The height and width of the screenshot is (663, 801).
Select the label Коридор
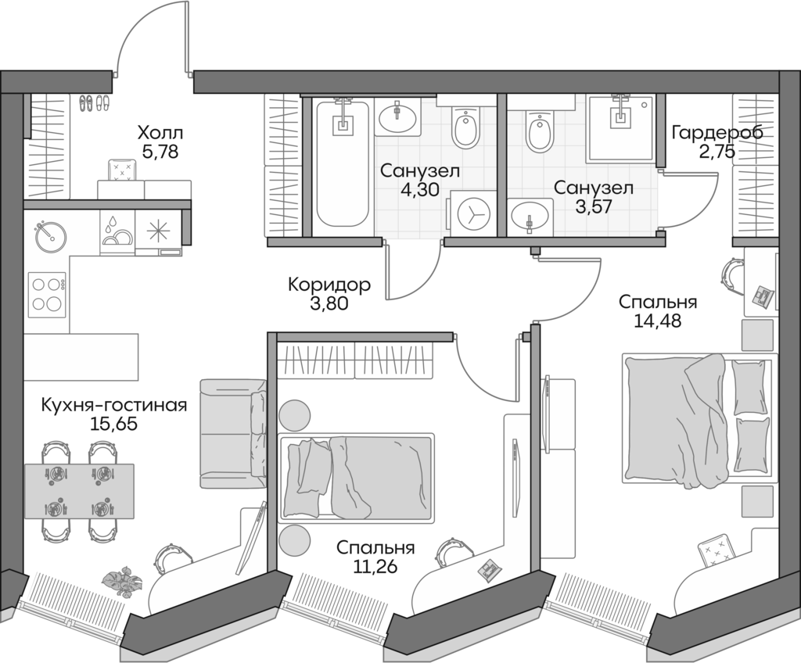329,285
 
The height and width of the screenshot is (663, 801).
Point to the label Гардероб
717,133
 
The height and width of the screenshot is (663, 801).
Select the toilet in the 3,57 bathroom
540,132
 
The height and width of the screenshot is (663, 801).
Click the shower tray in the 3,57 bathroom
622,124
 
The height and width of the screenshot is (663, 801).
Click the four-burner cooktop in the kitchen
46,293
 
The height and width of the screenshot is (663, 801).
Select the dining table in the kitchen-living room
78,490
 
